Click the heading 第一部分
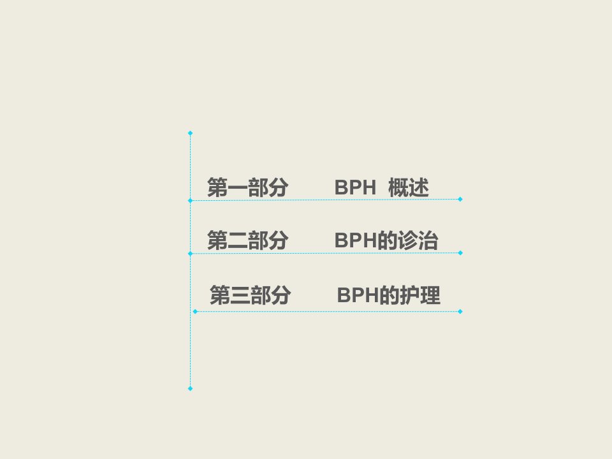point(248,187)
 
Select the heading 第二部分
point(248,240)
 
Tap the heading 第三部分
point(250,295)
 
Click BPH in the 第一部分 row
point(355,187)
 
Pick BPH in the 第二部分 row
point(355,240)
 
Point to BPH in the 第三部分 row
point(358,295)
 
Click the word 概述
point(409,187)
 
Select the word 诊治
point(418,240)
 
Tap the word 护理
point(420,295)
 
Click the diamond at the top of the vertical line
point(190,133)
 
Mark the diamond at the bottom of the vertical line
point(190,388)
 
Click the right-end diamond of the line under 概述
point(460,199)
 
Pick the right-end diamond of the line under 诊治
point(460,253)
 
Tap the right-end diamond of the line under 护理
point(460,312)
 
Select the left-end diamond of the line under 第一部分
point(190,201)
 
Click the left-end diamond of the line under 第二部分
point(190,254)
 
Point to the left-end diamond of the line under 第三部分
point(195,312)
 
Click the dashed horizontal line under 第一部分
point(325,200)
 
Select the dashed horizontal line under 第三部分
point(328,312)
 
